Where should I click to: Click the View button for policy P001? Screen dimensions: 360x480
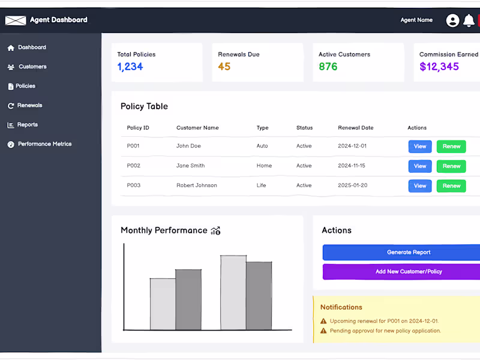pyautogui.click(x=420, y=146)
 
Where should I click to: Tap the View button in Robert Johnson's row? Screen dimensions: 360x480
pyautogui.click(x=420, y=186)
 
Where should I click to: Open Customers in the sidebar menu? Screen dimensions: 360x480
pyautogui.click(x=32, y=67)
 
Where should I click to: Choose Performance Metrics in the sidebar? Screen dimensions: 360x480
pyautogui.click(x=44, y=144)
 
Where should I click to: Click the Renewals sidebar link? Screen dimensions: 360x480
pyautogui.click(x=29, y=106)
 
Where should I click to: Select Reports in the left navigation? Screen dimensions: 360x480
pyautogui.click(x=27, y=125)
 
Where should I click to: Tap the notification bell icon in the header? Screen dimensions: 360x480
pyautogui.click(x=469, y=20)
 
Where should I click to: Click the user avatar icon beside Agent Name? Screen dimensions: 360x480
pyautogui.click(x=452, y=20)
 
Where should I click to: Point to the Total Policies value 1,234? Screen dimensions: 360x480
pyautogui.click(x=130, y=67)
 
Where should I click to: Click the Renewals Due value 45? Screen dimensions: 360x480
pyautogui.click(x=224, y=67)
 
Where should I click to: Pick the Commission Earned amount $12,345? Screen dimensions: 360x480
pyautogui.click(x=439, y=67)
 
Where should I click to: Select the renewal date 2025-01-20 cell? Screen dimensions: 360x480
pyautogui.click(x=353, y=185)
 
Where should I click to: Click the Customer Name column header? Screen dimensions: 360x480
pyautogui.click(x=197, y=128)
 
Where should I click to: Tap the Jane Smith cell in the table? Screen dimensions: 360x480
pyautogui.click(x=190, y=166)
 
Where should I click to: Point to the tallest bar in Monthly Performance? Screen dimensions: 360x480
pyautogui.click(x=233, y=293)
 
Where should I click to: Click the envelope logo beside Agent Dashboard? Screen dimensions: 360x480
pyautogui.click(x=16, y=20)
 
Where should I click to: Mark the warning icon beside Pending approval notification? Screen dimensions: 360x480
pyautogui.click(x=324, y=331)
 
